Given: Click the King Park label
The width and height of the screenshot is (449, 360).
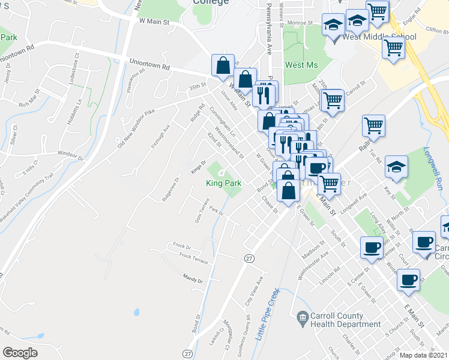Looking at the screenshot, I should tap(224, 183).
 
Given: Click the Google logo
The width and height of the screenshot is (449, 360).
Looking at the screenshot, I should tap(20, 353).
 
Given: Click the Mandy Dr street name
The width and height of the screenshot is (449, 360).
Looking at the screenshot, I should tap(193, 280).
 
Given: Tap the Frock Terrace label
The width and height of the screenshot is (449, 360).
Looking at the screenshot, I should tap(193, 259).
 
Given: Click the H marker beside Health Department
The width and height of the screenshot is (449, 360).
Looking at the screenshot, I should tap(302, 316).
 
